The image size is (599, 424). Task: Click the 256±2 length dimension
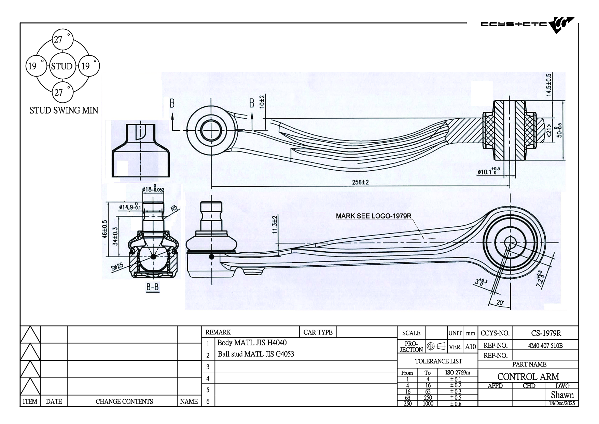(360, 182)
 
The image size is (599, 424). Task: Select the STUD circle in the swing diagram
(61, 66)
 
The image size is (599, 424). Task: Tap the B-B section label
(153, 287)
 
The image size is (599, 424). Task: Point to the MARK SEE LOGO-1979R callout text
(373, 216)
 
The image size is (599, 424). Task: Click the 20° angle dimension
(500, 303)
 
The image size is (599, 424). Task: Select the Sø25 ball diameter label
(117, 266)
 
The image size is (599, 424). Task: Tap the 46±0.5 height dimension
(105, 229)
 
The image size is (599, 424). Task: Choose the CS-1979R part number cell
(546, 333)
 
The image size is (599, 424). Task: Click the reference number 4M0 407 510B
(545, 345)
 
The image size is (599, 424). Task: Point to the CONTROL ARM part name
(528, 376)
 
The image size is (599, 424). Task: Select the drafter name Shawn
(562, 395)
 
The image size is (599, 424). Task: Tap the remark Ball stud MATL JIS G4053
(256, 354)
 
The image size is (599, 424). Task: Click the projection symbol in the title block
(436, 346)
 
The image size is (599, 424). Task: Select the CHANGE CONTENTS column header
(124, 401)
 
